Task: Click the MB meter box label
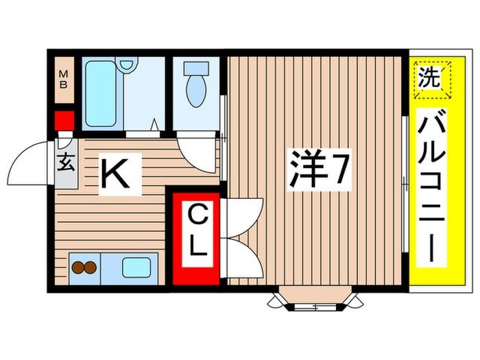(63, 80)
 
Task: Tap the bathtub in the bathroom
(101, 94)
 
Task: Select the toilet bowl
(196, 91)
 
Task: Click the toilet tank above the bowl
(196, 69)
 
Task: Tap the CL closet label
(197, 231)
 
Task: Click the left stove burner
(78, 268)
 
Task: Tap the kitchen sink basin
(136, 267)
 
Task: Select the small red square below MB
(64, 121)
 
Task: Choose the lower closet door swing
(245, 258)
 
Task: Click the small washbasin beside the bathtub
(127, 64)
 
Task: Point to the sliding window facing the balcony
(405, 184)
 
